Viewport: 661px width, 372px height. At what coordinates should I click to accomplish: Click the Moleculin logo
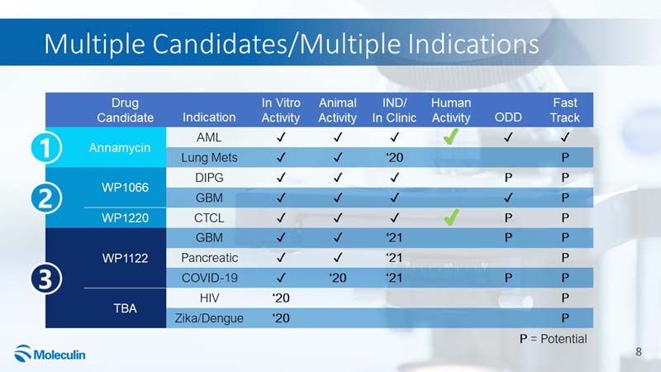click(50, 354)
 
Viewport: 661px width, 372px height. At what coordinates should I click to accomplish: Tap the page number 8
click(639, 352)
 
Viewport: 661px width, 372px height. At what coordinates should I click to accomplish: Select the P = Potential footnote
click(553, 339)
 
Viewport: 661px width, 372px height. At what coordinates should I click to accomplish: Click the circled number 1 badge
click(46, 148)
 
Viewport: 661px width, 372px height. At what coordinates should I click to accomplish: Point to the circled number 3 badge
click(46, 279)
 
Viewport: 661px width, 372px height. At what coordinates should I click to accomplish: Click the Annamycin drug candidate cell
click(120, 148)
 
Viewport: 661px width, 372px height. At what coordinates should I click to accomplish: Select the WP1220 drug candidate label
click(126, 218)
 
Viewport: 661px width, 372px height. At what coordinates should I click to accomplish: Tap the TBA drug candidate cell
click(126, 308)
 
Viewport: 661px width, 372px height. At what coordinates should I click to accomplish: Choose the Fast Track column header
click(565, 110)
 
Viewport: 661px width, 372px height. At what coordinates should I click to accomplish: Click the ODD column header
click(508, 117)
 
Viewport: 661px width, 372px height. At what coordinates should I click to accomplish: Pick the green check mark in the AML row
click(451, 136)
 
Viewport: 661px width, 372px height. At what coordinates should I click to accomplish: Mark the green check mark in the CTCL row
click(451, 217)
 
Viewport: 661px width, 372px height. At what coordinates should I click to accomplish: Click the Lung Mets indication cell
click(210, 158)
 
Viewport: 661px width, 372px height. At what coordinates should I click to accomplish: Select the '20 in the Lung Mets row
click(395, 158)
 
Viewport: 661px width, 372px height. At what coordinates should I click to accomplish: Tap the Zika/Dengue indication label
click(210, 318)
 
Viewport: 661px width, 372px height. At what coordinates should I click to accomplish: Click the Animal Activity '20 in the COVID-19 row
click(338, 278)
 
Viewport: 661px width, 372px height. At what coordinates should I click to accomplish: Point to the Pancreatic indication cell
click(210, 258)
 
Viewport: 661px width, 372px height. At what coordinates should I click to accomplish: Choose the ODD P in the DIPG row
click(508, 178)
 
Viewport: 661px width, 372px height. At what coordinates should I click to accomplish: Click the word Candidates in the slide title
click(219, 44)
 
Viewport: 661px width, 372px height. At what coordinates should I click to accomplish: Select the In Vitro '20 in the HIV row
click(281, 298)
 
